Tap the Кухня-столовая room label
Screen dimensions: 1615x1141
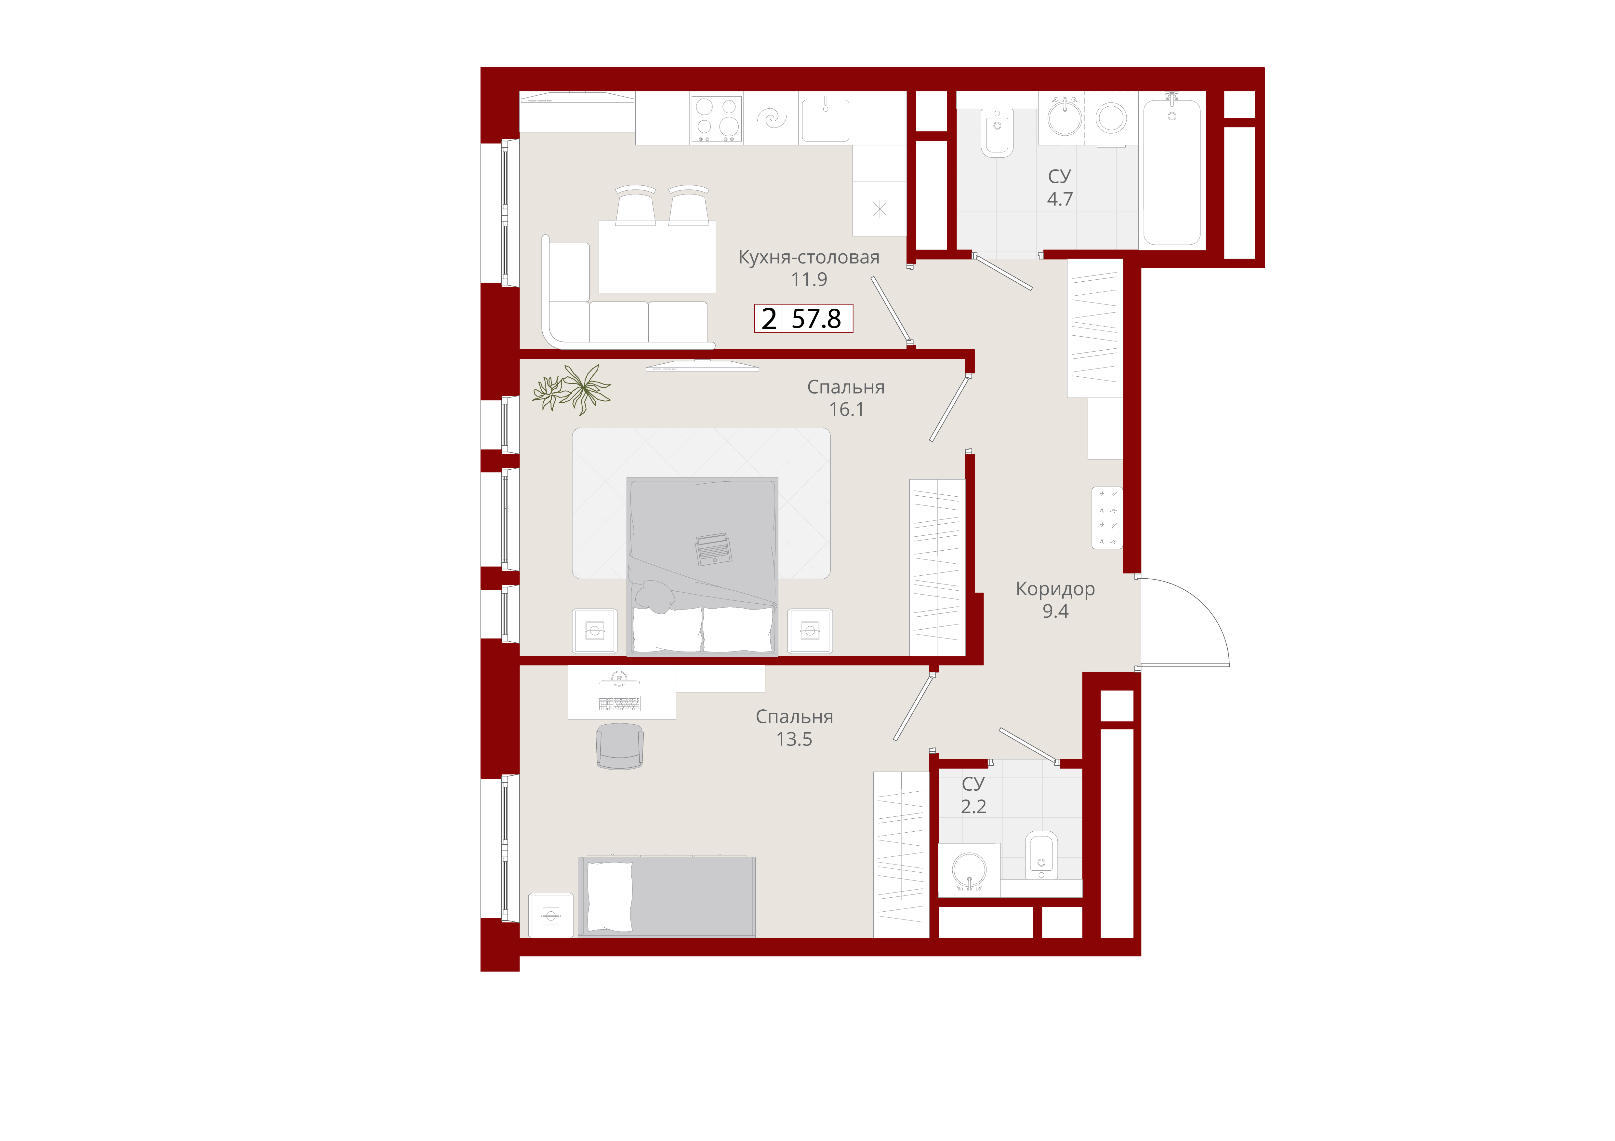pyautogui.click(x=809, y=258)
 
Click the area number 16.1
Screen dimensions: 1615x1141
pyautogui.click(x=846, y=409)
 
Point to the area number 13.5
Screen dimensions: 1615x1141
pyautogui.click(x=794, y=739)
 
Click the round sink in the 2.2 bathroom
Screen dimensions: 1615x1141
pyautogui.click(x=969, y=871)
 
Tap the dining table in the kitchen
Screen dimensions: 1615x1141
pyautogui.click(x=657, y=257)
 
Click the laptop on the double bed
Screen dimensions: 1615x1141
pyautogui.click(x=713, y=549)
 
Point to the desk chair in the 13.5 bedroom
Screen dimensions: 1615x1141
pyautogui.click(x=619, y=746)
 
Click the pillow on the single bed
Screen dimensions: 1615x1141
pyautogui.click(x=609, y=896)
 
